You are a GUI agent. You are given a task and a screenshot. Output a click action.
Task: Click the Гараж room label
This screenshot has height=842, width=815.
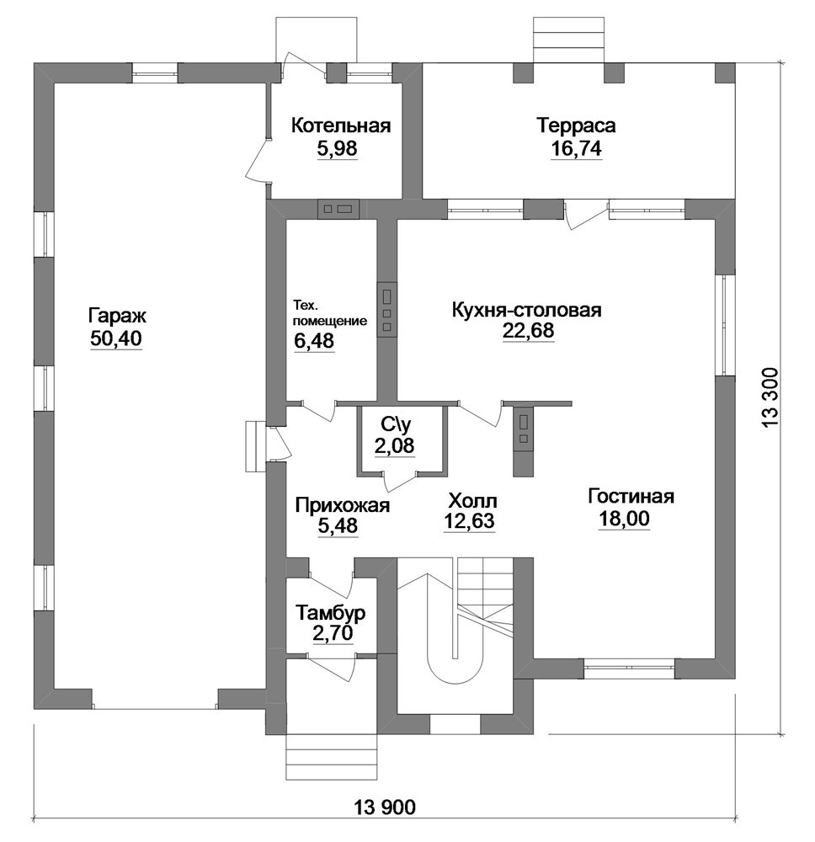[117, 316]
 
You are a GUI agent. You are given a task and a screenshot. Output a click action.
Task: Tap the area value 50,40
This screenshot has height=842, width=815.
[116, 338]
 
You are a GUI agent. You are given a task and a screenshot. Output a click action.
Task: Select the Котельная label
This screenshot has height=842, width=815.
[340, 125]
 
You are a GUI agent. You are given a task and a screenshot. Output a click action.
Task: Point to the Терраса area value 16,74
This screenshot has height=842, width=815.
[576, 148]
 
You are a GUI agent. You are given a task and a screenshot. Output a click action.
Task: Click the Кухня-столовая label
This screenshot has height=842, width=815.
[527, 310]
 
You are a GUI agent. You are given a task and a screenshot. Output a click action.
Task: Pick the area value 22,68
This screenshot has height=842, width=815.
[528, 330]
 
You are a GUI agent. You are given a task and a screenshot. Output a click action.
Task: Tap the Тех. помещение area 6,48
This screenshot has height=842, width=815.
[314, 340]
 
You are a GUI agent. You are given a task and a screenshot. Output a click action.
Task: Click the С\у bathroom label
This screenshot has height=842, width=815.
[397, 424]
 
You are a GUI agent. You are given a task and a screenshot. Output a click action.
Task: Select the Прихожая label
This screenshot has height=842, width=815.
[343, 505]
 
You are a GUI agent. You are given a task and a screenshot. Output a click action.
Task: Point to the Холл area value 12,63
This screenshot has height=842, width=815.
[469, 520]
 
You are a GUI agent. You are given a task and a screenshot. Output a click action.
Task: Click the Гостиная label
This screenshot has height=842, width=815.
[631, 496]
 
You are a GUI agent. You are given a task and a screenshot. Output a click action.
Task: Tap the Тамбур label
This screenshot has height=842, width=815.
[331, 612]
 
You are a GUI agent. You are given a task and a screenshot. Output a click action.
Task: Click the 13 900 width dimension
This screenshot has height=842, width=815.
[385, 806]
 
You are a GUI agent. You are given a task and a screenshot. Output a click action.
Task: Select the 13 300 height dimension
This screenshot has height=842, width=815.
[769, 398]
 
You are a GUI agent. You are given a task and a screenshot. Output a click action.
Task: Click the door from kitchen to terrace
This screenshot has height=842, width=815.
[586, 215]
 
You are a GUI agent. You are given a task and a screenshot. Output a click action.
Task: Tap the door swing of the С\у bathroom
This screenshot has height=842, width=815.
[400, 481]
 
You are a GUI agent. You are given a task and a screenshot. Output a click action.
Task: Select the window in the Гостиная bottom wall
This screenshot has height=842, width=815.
[629, 668]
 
